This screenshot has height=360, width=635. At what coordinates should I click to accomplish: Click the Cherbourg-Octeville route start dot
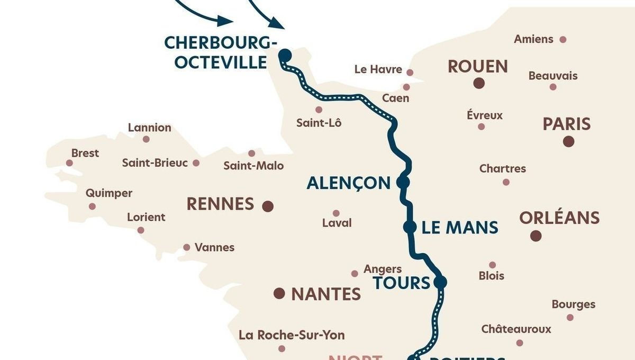coord(285,54)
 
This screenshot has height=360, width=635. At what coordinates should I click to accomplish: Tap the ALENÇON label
coord(348,183)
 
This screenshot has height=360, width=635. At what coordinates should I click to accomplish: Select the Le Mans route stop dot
coord(409,227)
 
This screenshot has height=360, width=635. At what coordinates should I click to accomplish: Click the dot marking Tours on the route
coord(440,282)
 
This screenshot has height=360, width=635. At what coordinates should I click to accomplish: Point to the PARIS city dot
coord(568,141)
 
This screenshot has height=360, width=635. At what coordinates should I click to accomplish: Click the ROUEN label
coord(477,67)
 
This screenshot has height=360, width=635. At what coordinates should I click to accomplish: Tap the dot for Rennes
coord(268,206)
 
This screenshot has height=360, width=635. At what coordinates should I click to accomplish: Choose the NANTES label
coord(326,294)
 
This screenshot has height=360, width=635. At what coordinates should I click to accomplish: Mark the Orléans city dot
coord(536,236)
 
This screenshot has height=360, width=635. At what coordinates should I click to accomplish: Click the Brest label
coord(85,153)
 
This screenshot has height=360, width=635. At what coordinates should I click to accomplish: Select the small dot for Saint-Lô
coord(319,110)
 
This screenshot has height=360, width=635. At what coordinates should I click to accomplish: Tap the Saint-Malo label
coord(253,166)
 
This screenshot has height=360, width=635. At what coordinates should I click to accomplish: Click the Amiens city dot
coord(563,39)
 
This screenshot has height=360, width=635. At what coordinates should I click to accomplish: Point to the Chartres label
coord(502,169)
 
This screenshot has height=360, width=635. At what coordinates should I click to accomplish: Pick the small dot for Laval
coord(335,213)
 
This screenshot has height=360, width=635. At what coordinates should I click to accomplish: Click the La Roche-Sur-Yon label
coord(292,335)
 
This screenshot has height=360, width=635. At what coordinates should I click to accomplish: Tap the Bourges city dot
coord(570,317)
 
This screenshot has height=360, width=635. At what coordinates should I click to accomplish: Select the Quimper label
coord(109,193)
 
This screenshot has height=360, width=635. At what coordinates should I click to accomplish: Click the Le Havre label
coord(378,70)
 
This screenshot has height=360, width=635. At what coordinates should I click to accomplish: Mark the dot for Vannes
coord(186,247)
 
